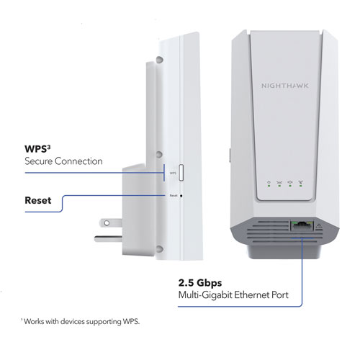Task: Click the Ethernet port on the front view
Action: click(299, 225)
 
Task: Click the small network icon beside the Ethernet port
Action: click(318, 225)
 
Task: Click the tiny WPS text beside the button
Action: click(173, 173)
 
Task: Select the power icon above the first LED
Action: click(266, 183)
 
